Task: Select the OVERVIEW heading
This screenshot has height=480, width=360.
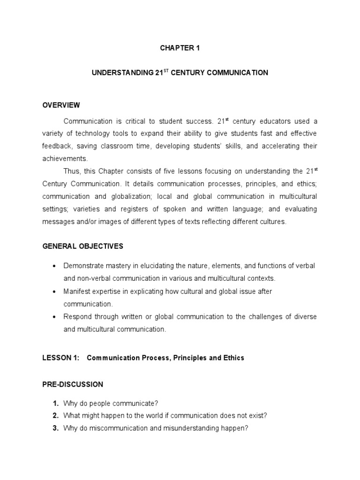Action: click(61, 105)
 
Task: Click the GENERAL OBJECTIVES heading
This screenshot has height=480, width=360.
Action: click(82, 246)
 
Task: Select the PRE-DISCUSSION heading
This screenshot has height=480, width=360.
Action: click(73, 384)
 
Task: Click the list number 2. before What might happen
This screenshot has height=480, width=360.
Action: click(55, 415)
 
